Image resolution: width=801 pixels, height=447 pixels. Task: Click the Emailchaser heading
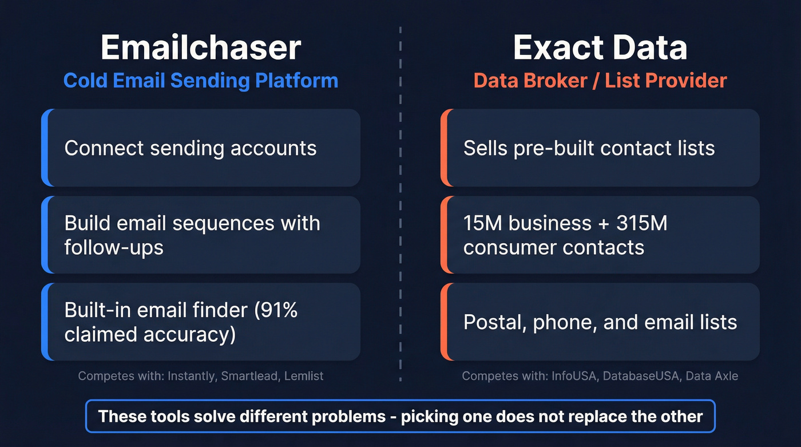(x=200, y=48)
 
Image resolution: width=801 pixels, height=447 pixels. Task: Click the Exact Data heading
(x=600, y=48)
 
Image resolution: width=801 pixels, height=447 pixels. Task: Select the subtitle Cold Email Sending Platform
(x=200, y=81)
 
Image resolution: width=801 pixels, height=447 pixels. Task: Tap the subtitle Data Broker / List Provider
(x=600, y=81)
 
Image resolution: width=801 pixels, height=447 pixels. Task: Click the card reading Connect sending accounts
(x=201, y=148)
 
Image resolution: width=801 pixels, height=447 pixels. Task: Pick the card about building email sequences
(x=201, y=235)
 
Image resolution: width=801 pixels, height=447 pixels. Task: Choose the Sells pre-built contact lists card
(x=600, y=148)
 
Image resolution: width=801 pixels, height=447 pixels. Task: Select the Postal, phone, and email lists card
(x=600, y=322)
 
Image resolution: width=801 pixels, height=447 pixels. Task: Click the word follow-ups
(x=114, y=248)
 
